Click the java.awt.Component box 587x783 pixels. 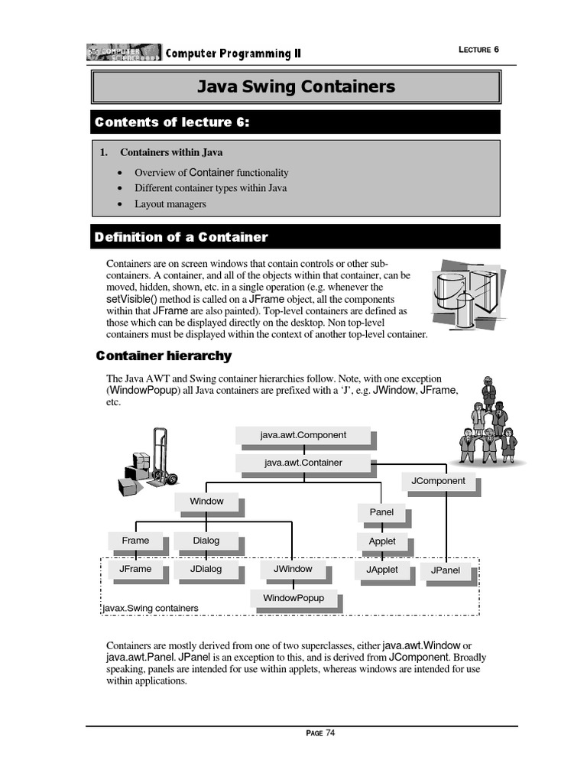click(303, 435)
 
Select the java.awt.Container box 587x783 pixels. click(303, 463)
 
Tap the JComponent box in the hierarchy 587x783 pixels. click(438, 481)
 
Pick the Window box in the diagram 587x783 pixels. click(206, 501)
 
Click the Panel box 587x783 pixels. click(381, 512)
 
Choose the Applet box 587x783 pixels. click(382, 541)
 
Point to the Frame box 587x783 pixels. click(135, 541)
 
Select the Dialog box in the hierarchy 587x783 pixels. click(206, 541)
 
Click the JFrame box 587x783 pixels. click(135, 569)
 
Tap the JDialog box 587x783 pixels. click(206, 569)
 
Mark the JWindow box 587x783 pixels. click(293, 569)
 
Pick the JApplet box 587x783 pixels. click(382, 570)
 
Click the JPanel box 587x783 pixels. click(446, 570)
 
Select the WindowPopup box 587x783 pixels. click(293, 597)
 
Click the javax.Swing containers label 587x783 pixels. click(151, 609)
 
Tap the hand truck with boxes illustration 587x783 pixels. click(148, 462)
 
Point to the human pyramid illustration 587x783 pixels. click(488, 423)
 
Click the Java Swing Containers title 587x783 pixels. click(297, 86)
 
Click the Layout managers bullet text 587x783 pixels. click(170, 204)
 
